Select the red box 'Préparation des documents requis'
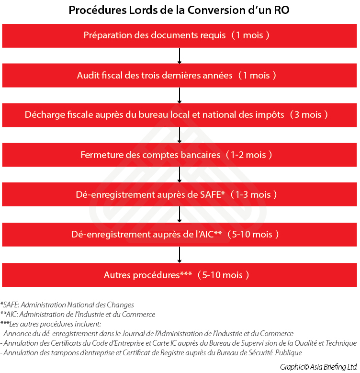(x=180, y=35)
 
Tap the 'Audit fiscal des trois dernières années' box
(x=180, y=75)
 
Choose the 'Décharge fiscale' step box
(x=180, y=115)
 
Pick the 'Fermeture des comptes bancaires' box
(x=180, y=155)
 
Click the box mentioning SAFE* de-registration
(x=180, y=195)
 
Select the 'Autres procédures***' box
(x=180, y=275)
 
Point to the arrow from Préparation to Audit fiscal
(x=180, y=56)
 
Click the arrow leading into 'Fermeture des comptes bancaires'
(x=180, y=135)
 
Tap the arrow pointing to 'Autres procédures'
(x=180, y=255)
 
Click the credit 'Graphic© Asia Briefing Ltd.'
(x=319, y=366)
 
